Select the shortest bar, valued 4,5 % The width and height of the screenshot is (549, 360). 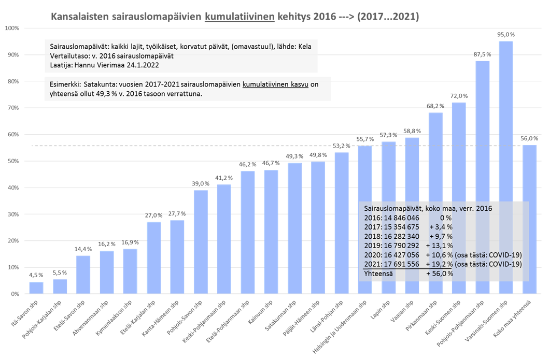tap(36, 287)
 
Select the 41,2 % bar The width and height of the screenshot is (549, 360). tap(224, 239)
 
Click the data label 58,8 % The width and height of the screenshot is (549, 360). tap(412, 132)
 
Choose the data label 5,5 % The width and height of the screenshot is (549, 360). tap(60, 272)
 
